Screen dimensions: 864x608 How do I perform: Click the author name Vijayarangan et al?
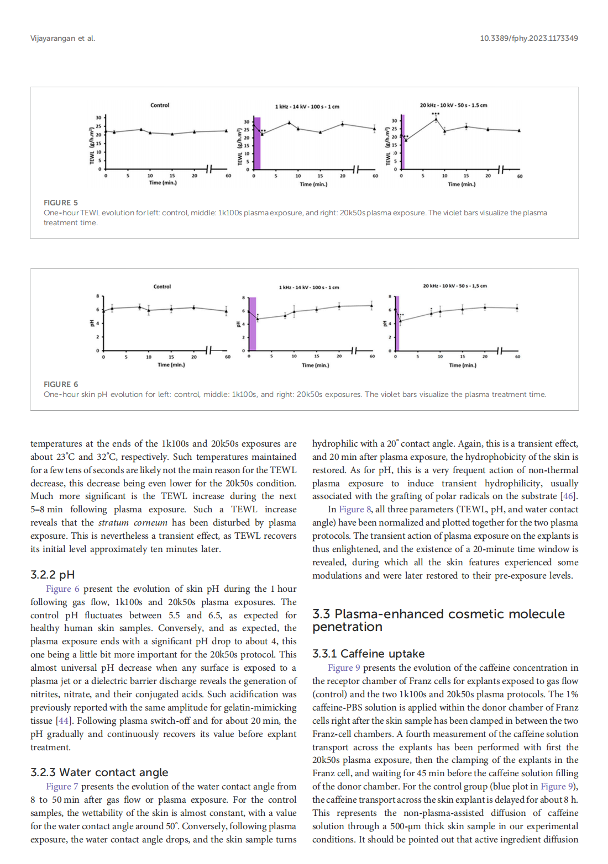(x=62, y=38)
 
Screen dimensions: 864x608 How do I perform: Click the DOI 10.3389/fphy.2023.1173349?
(x=528, y=38)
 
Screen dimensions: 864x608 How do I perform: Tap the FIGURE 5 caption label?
(x=61, y=203)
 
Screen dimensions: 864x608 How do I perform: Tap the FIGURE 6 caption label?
(x=61, y=384)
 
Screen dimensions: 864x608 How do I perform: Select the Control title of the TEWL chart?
(x=160, y=105)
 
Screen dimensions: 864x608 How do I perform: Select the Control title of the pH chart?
(x=162, y=287)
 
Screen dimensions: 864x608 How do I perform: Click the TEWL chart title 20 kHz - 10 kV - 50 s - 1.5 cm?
(x=453, y=105)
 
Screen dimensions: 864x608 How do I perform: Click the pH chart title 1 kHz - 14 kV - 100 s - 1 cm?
(x=309, y=287)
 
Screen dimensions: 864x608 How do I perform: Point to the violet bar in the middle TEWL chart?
(x=257, y=143)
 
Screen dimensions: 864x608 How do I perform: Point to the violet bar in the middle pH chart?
(x=253, y=324)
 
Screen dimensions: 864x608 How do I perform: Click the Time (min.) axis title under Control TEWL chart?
(x=163, y=182)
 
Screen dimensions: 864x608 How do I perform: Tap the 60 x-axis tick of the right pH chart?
(x=517, y=357)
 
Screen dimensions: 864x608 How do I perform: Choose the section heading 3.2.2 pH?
(x=53, y=575)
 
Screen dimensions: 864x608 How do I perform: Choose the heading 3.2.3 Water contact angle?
(x=99, y=772)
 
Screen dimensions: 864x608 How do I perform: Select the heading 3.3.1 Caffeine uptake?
(x=368, y=654)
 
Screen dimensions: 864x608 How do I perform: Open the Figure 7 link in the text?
(x=62, y=786)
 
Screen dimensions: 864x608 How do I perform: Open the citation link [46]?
(x=568, y=496)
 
